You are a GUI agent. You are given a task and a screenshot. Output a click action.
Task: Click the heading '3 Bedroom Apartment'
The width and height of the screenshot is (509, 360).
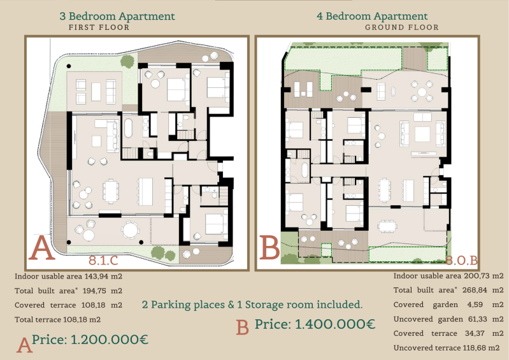click(117, 16)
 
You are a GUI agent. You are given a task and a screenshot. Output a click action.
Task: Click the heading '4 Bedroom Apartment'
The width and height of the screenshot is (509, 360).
click(372, 16)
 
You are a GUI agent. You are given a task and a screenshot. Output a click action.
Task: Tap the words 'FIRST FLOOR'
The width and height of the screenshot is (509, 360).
click(99, 27)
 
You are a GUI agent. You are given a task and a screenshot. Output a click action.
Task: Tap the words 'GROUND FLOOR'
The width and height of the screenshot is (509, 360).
click(402, 27)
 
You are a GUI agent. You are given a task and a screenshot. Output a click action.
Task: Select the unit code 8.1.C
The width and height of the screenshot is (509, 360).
click(104, 261)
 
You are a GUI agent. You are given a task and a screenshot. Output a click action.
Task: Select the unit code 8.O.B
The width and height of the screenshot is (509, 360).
click(462, 261)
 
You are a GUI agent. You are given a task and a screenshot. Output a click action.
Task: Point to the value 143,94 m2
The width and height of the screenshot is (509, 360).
click(103, 277)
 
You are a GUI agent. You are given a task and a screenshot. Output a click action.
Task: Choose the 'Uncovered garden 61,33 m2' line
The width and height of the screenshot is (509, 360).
click(448, 319)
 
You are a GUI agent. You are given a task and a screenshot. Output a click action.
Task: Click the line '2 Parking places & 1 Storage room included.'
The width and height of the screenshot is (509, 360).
click(252, 305)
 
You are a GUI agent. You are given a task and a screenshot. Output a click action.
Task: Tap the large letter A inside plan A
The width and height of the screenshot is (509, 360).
click(41, 248)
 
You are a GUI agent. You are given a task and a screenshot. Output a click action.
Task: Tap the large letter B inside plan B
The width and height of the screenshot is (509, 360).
click(269, 247)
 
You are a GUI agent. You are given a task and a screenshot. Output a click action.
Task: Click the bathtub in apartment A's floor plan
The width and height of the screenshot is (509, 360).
click(128, 129)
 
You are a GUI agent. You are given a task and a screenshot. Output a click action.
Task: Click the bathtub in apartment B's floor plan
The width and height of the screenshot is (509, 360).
click(305, 169)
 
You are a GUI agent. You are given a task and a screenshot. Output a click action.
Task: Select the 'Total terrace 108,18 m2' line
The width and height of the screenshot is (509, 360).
click(57, 319)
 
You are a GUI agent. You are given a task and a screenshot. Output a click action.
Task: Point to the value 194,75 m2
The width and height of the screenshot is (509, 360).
click(103, 291)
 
